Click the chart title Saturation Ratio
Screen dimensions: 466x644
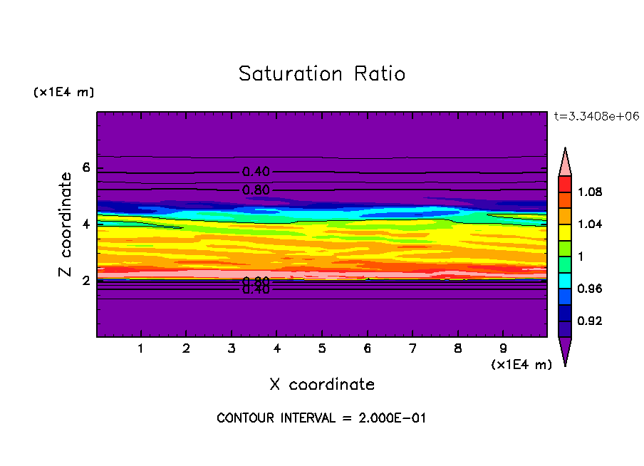tap(322, 74)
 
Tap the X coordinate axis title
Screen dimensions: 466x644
tap(322, 385)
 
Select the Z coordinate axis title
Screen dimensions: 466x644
tap(66, 224)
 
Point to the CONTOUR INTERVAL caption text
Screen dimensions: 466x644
tap(321, 418)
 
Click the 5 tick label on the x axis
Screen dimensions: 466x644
tap(322, 349)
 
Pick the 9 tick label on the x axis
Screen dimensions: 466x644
tap(503, 349)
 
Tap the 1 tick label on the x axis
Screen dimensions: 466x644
tap(141, 349)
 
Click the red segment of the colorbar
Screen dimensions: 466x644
tap(564, 184)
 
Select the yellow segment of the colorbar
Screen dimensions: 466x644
tap(564, 232)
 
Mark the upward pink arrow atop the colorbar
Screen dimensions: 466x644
tap(564, 161)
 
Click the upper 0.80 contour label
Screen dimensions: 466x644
tap(256, 190)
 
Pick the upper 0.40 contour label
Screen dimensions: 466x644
tap(256, 172)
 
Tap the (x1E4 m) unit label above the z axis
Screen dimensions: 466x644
tap(63, 93)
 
